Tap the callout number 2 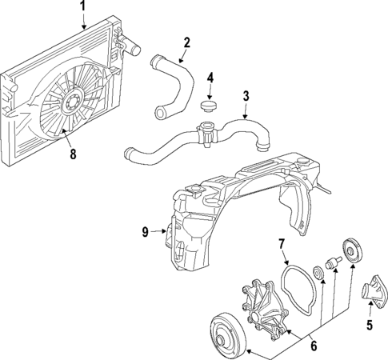(186, 42)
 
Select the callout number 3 (246, 97)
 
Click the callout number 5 (370, 325)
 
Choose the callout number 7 (281, 243)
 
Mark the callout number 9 (146, 233)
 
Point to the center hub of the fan (70, 102)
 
